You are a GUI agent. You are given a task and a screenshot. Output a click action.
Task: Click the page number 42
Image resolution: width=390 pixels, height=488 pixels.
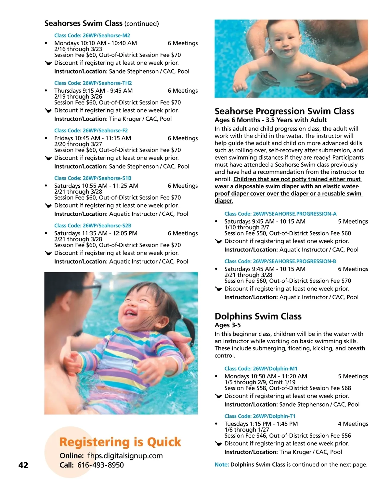click(x=23, y=465)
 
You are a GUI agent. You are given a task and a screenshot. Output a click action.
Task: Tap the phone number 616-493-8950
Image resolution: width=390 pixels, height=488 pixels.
click(x=100, y=465)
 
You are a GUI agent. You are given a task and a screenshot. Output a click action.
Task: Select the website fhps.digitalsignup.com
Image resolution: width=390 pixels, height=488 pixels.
click(x=125, y=456)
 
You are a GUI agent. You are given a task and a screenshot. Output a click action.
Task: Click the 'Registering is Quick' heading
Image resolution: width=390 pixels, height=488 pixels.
click(x=120, y=442)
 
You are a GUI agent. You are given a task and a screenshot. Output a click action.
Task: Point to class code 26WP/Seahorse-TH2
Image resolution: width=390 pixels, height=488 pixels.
click(x=93, y=83)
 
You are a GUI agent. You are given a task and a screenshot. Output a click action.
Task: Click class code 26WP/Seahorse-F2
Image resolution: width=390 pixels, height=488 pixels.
click(x=91, y=130)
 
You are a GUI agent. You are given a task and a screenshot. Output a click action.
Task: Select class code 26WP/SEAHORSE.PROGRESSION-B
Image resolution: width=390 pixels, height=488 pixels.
click(x=280, y=261)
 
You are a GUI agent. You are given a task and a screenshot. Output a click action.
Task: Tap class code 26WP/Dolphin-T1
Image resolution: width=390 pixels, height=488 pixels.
click(x=260, y=416)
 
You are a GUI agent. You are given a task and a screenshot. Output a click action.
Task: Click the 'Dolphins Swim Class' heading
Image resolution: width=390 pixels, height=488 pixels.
click(x=258, y=316)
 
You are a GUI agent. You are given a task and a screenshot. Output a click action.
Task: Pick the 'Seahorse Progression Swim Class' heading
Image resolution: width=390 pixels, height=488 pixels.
click(x=284, y=111)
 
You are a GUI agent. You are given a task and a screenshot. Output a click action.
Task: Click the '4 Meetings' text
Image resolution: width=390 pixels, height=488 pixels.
click(x=353, y=424)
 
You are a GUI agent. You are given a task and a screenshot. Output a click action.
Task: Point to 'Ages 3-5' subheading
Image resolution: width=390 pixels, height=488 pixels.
click(x=227, y=325)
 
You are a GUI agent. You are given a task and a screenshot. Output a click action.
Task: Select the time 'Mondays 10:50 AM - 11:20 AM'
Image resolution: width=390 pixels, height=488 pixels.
click(x=266, y=376)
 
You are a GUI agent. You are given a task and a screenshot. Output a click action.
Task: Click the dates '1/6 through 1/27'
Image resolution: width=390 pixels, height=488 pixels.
click(x=247, y=429)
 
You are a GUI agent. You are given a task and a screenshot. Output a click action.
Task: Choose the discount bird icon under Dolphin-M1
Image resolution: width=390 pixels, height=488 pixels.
click(x=219, y=396)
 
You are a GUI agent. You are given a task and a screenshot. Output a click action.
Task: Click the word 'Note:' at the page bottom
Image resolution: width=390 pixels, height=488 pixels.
click(x=222, y=465)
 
